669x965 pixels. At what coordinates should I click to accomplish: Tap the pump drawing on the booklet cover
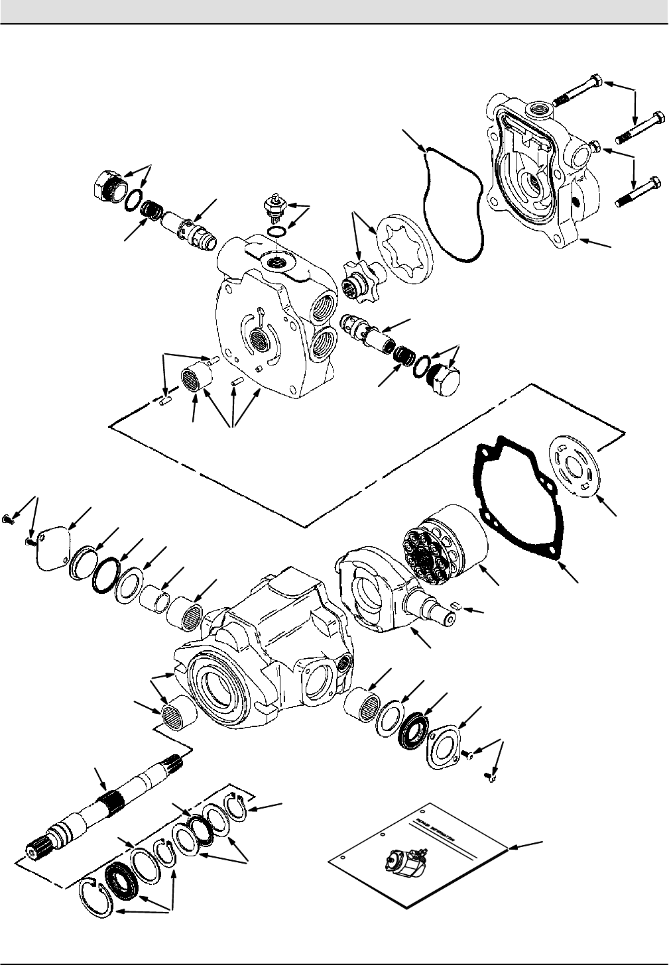404,863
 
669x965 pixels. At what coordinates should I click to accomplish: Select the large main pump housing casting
259,650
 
